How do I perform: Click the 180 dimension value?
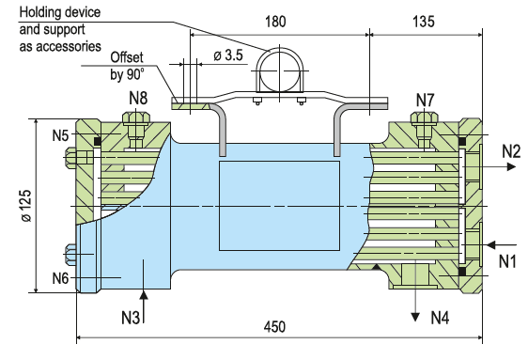[x=275, y=22]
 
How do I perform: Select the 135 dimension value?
[x=424, y=22]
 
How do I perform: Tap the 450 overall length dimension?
[x=274, y=327]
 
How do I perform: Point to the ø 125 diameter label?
[x=26, y=206]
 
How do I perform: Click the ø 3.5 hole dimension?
[x=228, y=55]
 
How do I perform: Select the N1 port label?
[x=507, y=261]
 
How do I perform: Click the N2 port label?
[x=511, y=151]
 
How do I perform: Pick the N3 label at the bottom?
[x=131, y=317]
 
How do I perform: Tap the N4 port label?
[x=440, y=317]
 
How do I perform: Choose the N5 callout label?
[x=61, y=135]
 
